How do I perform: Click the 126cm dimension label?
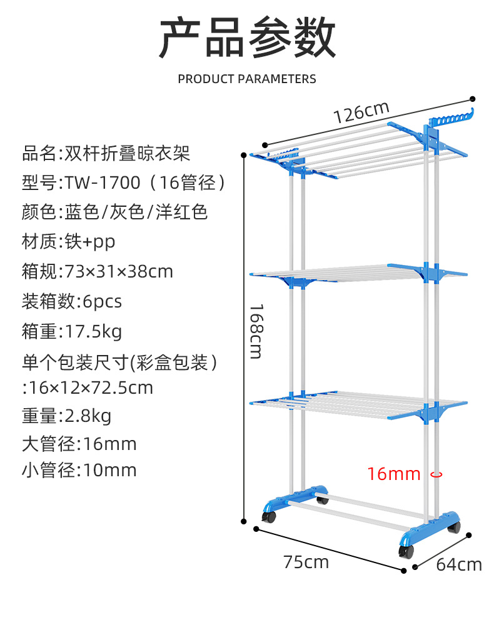click(361, 112)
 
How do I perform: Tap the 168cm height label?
click(256, 332)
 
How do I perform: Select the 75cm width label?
click(306, 562)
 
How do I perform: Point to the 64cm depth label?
click(459, 564)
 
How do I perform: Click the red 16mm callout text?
click(394, 474)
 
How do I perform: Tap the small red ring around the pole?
click(436, 474)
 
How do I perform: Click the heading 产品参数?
click(247, 37)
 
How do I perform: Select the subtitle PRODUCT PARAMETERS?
click(247, 79)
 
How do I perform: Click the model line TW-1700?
click(124, 182)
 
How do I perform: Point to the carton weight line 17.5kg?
click(72, 332)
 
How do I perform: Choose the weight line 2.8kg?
click(66, 416)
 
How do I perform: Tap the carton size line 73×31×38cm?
click(98, 271)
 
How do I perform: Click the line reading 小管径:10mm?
click(79, 470)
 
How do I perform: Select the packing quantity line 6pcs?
click(72, 301)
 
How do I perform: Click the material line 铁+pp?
click(69, 241)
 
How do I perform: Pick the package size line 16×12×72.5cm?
click(88, 388)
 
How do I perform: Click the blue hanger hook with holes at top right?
click(451, 117)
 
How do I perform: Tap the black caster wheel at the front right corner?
click(406, 551)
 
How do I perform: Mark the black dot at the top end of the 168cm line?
click(244, 155)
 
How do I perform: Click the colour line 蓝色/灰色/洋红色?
click(115, 212)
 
